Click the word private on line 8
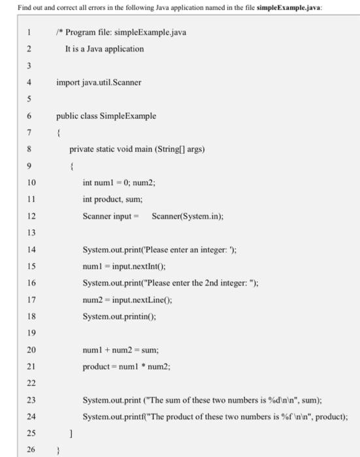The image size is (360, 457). [x=83, y=150]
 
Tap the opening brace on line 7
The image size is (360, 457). [x=59, y=133]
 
